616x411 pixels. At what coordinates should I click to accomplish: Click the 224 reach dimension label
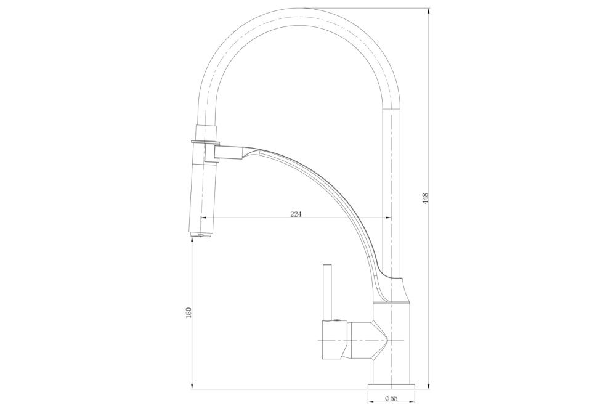pos(296,214)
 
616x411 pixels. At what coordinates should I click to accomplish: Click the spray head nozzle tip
pos(202,235)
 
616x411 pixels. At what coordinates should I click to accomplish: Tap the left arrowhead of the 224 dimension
pos(204,218)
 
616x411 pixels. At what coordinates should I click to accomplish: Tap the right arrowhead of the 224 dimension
pos(387,218)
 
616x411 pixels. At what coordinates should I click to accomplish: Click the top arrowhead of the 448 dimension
pos(428,11)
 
